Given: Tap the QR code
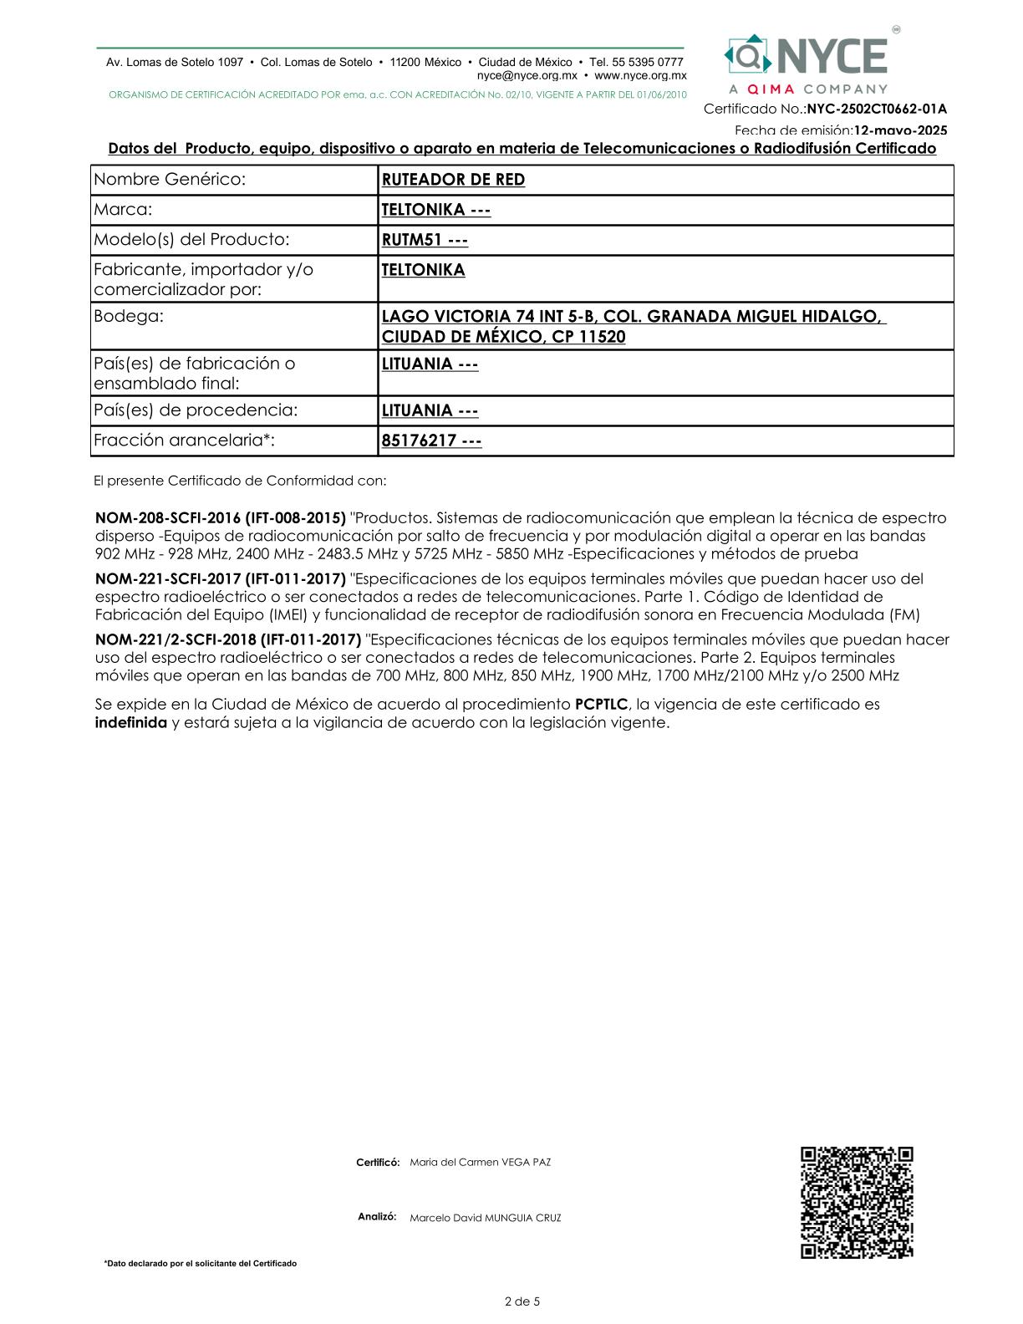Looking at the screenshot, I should [x=857, y=1202].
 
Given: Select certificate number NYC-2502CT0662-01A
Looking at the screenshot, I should [x=877, y=109].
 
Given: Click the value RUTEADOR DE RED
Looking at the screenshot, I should [x=453, y=180].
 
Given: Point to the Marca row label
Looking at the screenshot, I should [x=123, y=210].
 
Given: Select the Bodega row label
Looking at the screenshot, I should [x=129, y=317].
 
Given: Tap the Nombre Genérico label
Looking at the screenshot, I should [x=170, y=180].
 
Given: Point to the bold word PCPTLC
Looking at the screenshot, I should [x=601, y=705].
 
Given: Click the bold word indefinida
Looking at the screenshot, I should [x=131, y=723].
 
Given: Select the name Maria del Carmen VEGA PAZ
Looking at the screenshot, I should [x=480, y=1163].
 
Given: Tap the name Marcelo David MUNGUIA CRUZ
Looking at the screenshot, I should [x=485, y=1218].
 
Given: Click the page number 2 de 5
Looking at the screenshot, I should [x=522, y=1301].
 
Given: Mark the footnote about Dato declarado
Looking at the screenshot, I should [x=200, y=1264].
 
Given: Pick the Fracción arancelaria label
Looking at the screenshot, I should [x=184, y=440].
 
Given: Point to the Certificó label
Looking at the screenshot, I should [x=378, y=1163].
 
